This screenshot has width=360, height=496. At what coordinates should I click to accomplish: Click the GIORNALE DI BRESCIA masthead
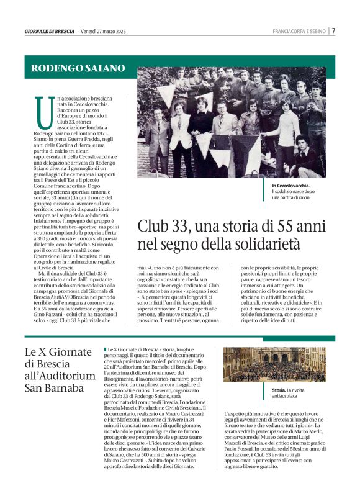49,31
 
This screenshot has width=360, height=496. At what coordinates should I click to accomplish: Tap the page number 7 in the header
333,30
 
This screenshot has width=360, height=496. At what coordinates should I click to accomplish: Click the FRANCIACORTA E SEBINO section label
299,31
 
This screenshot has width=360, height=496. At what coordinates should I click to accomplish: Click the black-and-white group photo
232,122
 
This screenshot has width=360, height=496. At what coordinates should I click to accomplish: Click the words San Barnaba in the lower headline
54,389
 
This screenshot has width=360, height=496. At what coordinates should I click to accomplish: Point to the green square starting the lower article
106,351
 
